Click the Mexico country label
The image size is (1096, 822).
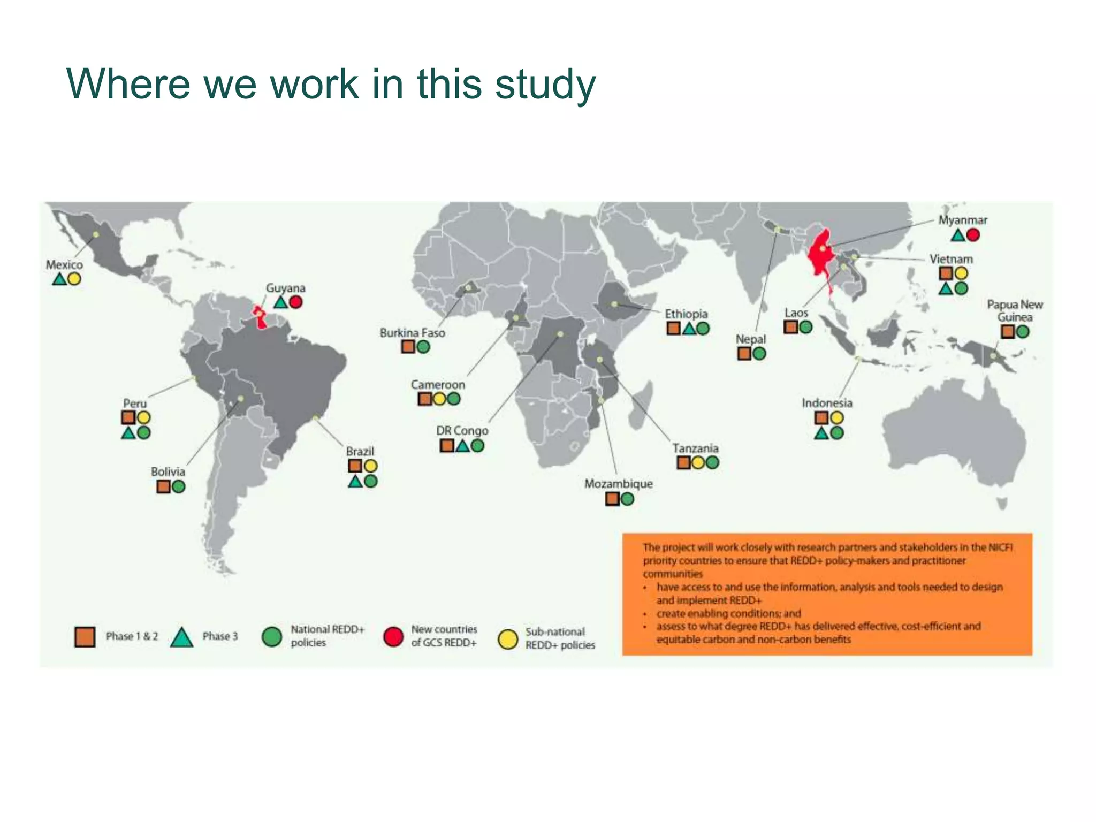click(x=64, y=265)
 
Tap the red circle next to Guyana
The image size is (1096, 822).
click(x=296, y=302)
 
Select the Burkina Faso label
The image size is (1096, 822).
click(x=412, y=333)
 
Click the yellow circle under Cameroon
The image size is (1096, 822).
click(x=439, y=399)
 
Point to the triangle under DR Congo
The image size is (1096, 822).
click(x=462, y=445)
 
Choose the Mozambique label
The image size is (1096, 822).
click(x=618, y=484)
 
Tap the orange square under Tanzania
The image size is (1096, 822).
click(x=683, y=463)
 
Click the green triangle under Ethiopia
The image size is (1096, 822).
click(x=689, y=329)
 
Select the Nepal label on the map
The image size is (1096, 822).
click(x=750, y=339)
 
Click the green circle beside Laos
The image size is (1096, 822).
click(x=805, y=327)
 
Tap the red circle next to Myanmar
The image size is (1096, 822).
click(x=973, y=235)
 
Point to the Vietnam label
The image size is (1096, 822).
click(x=951, y=259)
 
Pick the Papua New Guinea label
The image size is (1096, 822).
click(x=1015, y=311)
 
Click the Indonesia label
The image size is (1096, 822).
click(x=827, y=403)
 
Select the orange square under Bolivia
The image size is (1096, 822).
click(x=163, y=486)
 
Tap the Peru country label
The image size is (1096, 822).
click(x=134, y=404)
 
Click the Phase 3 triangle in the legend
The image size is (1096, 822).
click(x=181, y=637)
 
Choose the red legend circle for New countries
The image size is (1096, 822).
click(x=393, y=636)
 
